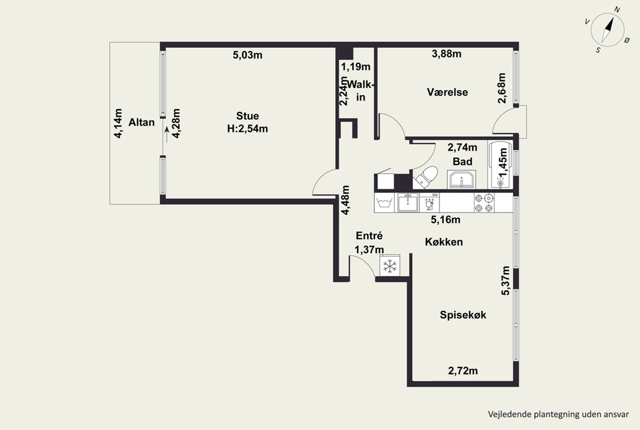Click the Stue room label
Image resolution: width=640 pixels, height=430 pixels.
247,116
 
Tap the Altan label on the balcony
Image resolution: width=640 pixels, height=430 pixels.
142,123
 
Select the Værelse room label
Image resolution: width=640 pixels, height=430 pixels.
447,92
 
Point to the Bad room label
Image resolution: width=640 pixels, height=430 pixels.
462,161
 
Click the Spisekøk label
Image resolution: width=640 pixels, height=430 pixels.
463,315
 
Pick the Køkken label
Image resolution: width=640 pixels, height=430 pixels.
444,242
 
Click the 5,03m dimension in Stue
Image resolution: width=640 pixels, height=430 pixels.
247,55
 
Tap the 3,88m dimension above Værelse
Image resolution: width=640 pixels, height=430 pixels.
447,54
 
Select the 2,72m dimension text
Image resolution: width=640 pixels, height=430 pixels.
463,371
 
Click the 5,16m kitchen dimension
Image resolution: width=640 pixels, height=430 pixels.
446,220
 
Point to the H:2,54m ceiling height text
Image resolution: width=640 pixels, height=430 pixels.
247,128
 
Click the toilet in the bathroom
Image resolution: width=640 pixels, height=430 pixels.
426,177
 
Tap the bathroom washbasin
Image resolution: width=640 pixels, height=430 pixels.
462,179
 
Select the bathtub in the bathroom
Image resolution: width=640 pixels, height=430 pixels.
500,165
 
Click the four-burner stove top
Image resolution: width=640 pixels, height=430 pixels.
485,203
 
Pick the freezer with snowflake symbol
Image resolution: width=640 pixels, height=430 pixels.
390,265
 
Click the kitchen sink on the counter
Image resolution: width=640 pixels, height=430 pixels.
408,202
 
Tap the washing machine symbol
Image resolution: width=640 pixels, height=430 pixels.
384,203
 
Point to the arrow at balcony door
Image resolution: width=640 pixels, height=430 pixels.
167,134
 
